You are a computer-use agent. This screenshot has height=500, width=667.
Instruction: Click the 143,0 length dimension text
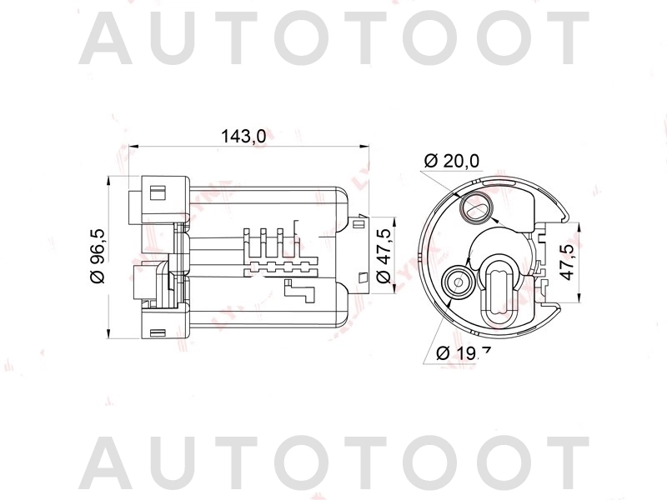(x=243, y=136)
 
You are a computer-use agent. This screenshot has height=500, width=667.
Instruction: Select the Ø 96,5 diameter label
(x=97, y=257)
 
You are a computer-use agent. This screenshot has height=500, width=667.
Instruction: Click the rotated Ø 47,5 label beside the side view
(x=384, y=256)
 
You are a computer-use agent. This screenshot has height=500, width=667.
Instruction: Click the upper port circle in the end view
(x=478, y=206)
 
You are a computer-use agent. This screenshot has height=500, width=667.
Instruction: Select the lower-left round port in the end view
(x=458, y=282)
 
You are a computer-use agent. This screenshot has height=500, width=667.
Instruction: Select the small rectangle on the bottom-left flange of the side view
(x=153, y=332)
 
